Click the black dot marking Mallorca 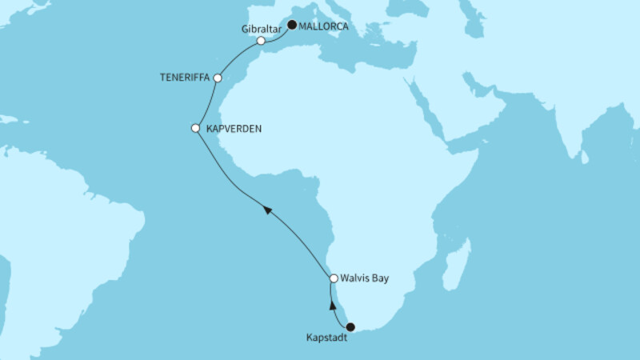[293, 25]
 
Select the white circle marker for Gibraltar [261, 40]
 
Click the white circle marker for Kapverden [195, 128]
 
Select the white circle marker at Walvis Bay [334, 278]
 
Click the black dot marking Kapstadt [350, 326]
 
